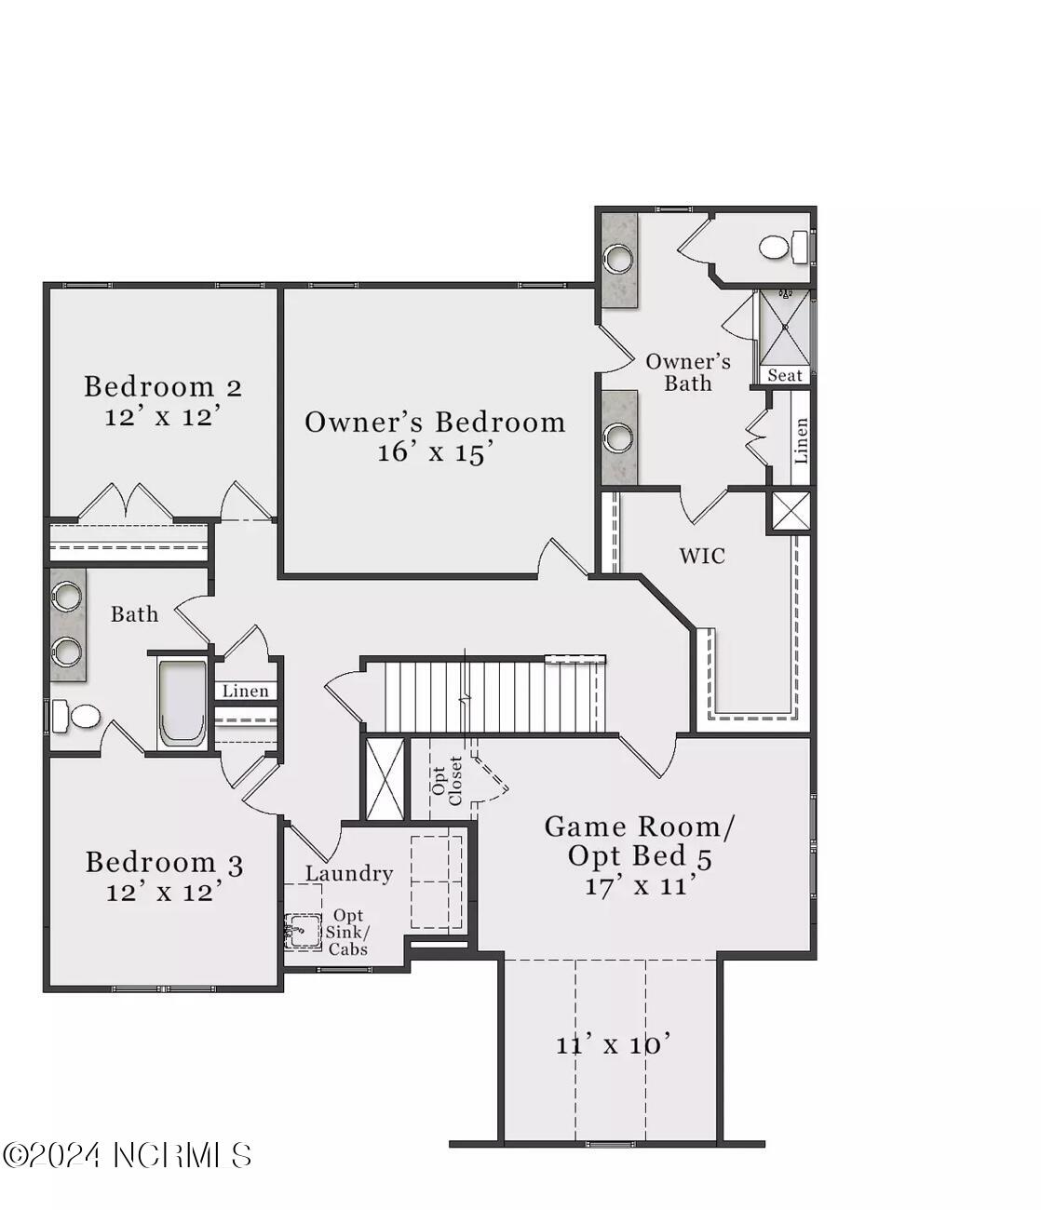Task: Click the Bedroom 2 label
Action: tap(163, 386)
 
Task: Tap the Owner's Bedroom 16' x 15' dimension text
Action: tap(434, 453)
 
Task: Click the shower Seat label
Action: tap(784, 375)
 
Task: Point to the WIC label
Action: tap(701, 556)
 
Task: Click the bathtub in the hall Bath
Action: tap(181, 703)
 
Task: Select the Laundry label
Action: tap(349, 873)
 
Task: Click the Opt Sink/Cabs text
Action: tap(347, 932)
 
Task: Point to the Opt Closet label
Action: tap(447, 780)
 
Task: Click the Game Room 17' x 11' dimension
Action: tap(641, 885)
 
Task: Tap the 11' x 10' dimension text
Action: tap(613, 1044)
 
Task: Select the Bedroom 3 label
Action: tap(164, 863)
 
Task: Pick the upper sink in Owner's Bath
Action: tap(617, 258)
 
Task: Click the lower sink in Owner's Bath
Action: tap(617, 436)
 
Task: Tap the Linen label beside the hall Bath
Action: tap(245, 691)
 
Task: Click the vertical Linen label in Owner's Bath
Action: tap(801, 439)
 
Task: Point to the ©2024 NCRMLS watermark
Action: tap(127, 1155)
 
